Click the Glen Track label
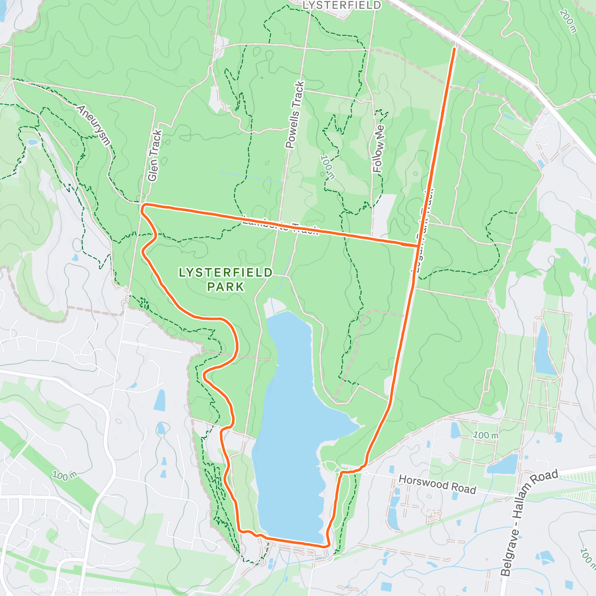point(154,155)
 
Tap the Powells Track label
point(295,115)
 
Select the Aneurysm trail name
point(93,124)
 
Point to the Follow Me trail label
point(379,149)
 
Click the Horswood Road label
point(437,484)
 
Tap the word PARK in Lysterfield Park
point(226,287)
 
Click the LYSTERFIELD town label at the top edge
point(342,5)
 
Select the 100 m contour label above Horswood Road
point(485,435)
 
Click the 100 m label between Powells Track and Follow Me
point(327,167)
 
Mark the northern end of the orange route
point(454,49)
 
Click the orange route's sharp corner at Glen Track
point(143,205)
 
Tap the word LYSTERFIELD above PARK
point(225,272)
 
